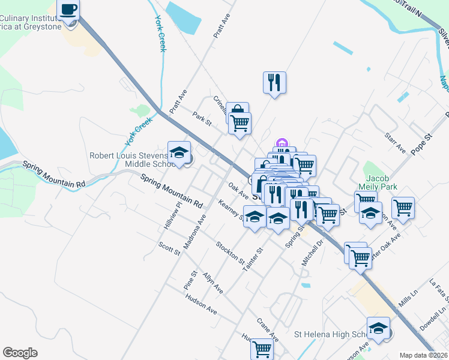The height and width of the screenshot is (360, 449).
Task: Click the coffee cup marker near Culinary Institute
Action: tap(68, 11)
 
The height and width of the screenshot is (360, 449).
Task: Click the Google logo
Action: tap(20, 353)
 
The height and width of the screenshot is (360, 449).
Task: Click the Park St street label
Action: tap(202, 118)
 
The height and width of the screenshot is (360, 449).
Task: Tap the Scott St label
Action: tap(169, 248)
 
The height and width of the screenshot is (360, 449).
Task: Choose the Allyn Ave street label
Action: tap(212, 283)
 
